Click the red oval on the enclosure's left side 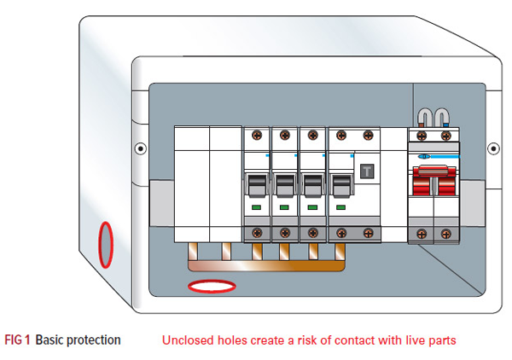coord(105,244)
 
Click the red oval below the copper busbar coord(211,287)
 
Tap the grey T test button coord(368,170)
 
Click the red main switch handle coord(433,182)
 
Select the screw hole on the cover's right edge coord(492,148)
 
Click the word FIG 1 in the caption coord(17,340)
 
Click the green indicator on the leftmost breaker coord(256,206)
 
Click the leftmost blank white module coord(191,183)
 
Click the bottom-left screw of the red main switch coord(421,232)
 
